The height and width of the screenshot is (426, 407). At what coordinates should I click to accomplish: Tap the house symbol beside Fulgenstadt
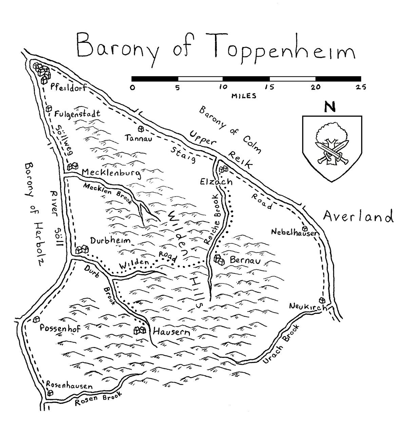pos(49,108)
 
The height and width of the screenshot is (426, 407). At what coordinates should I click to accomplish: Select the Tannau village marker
pos(141,129)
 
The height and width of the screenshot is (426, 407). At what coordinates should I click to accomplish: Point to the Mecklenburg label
pos(111,173)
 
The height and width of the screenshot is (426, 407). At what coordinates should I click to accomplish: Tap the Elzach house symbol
pos(224,168)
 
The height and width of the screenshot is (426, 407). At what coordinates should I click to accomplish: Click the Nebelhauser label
pos(295,232)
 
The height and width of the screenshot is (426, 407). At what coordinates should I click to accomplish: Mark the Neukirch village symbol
pos(322,300)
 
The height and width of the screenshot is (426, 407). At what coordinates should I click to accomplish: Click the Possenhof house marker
pos(36,319)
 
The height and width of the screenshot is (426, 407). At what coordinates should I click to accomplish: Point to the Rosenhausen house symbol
pos(51,393)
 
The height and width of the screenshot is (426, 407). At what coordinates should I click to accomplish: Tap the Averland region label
pos(358,216)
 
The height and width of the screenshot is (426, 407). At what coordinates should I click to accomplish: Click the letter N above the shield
pos(330,107)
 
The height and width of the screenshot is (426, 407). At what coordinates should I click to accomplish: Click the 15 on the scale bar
pos(269,87)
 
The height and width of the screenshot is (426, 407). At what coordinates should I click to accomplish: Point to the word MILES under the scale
pos(244,96)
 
